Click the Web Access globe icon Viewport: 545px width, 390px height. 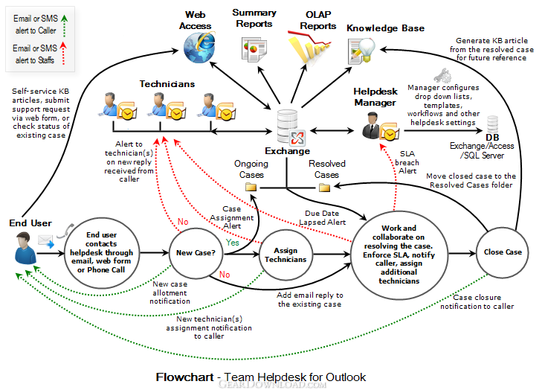(199, 48)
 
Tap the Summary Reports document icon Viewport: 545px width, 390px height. (254, 51)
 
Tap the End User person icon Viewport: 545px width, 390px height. (25, 248)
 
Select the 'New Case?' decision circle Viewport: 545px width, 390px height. (196, 253)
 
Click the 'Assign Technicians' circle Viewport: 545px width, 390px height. (286, 255)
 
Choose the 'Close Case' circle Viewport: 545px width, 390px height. (503, 252)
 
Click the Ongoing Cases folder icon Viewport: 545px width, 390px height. (251, 187)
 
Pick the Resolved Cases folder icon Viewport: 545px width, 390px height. (324, 188)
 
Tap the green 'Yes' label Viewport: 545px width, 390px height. (232, 243)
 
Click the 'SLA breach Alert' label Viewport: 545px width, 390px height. (407, 162)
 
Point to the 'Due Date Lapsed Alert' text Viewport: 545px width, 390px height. (322, 218)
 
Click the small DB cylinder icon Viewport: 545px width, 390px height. (492, 124)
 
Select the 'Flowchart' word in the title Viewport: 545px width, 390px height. (184, 377)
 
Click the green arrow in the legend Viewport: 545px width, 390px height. (64, 26)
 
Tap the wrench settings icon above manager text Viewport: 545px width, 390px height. (442, 75)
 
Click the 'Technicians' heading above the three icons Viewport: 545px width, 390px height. (167, 84)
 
